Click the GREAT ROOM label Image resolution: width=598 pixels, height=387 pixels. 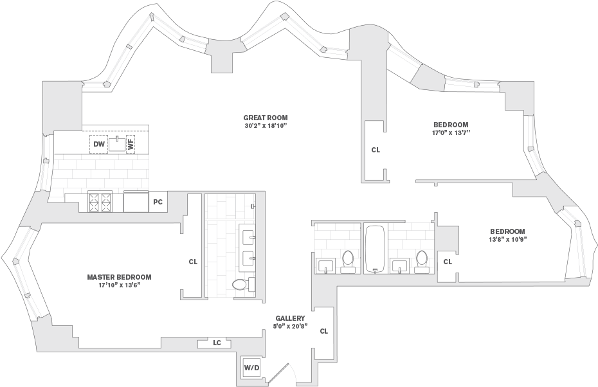click(x=266, y=118)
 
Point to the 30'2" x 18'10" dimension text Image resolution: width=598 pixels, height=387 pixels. click(x=266, y=125)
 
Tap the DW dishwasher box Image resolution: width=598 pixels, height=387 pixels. click(x=99, y=144)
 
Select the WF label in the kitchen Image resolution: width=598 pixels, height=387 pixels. click(x=131, y=144)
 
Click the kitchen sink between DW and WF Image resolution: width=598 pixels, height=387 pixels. click(x=117, y=144)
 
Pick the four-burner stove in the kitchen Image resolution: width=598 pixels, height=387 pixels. click(x=99, y=201)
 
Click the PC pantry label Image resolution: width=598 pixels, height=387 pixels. click(x=158, y=202)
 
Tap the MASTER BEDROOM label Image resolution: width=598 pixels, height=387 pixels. click(x=119, y=277)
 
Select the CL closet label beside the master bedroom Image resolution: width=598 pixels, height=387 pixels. click(x=193, y=262)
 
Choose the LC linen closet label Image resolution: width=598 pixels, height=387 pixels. click(x=217, y=343)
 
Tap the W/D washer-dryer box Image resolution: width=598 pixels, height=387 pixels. click(x=251, y=368)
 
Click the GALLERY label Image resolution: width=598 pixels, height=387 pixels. click(x=290, y=318)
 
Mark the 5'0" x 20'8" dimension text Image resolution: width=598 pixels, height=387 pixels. click(x=290, y=326)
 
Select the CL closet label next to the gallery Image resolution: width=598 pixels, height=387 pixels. click(x=324, y=331)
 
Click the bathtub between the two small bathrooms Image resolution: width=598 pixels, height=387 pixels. click(x=376, y=249)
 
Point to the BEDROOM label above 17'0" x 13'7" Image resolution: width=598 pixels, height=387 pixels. click(x=451, y=125)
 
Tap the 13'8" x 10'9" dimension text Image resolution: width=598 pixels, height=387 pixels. click(x=507, y=239)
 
